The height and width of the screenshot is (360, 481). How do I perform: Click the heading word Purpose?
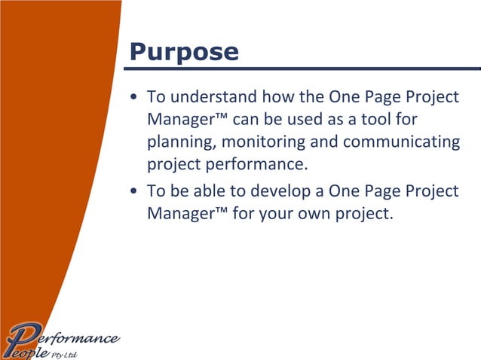[184, 51]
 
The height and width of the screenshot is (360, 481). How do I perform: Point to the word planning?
[180, 142]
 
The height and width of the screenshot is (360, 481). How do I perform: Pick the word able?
[210, 191]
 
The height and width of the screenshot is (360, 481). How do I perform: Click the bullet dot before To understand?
[133, 99]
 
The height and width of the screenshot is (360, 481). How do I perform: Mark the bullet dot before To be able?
[133, 191]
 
